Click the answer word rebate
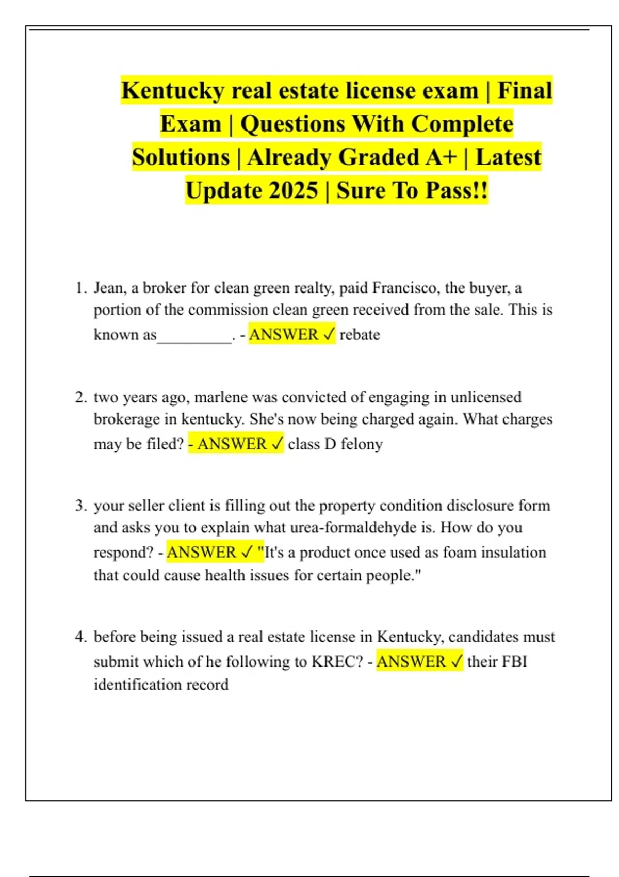click(x=360, y=335)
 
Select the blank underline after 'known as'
click(x=194, y=338)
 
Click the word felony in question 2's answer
click(x=362, y=444)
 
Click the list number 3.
click(x=81, y=506)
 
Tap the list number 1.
click(x=81, y=288)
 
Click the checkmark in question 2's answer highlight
click(x=276, y=444)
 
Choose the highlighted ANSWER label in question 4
click(x=411, y=662)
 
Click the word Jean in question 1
click(x=109, y=288)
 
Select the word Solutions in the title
click(x=181, y=157)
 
